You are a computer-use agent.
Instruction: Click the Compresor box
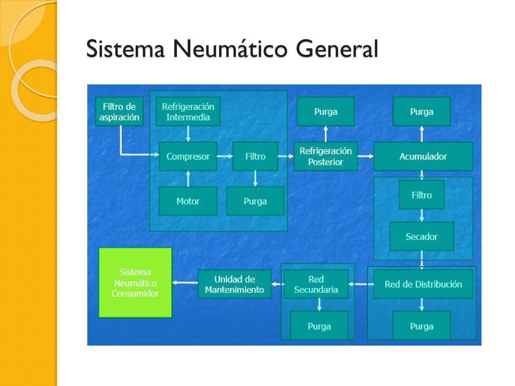[x=188, y=156]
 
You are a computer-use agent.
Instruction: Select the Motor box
[x=188, y=201]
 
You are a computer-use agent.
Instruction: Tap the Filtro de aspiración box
[x=119, y=112]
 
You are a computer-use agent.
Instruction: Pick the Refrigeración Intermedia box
[x=188, y=112]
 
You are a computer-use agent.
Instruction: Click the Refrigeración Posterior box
[x=325, y=156]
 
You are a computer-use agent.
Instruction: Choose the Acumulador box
[x=423, y=156]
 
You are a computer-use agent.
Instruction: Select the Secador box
[x=422, y=236]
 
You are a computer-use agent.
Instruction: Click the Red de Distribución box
[x=423, y=284]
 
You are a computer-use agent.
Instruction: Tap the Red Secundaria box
[x=316, y=284]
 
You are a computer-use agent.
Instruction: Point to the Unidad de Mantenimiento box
[x=234, y=284]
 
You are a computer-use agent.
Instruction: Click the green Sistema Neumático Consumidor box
[x=135, y=282]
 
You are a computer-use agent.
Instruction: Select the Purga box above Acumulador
[x=422, y=112]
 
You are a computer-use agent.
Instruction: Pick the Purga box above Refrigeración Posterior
[x=325, y=112]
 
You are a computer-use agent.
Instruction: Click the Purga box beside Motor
[x=255, y=201]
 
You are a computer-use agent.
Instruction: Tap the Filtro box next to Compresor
[x=255, y=156]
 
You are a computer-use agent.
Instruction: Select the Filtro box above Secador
[x=422, y=195]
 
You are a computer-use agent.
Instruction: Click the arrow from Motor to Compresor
[x=188, y=178]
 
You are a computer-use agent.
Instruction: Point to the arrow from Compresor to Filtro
[x=225, y=156]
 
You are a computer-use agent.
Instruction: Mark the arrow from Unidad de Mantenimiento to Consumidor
[x=185, y=282]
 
